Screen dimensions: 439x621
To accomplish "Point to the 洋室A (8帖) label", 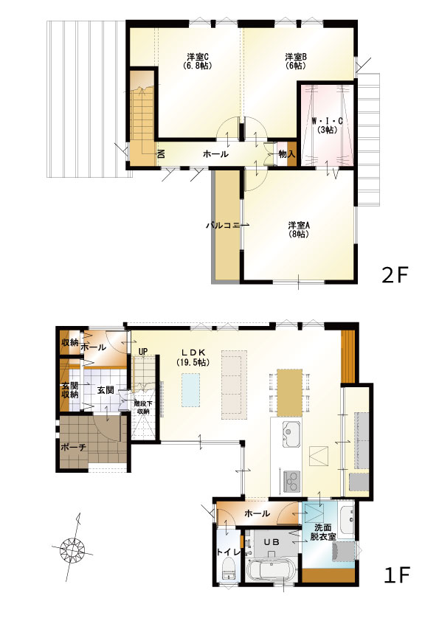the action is (298, 229).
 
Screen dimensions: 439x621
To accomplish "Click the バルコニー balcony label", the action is (227, 226).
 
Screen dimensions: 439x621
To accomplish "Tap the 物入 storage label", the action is (287, 154).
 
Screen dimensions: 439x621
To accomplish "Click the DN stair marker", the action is (162, 153).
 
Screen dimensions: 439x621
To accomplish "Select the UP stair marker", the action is (143, 351).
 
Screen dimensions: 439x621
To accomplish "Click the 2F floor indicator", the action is (394, 275).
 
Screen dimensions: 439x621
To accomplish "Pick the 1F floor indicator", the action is (397, 575).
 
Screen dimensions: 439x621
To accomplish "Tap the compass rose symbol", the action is (73, 549).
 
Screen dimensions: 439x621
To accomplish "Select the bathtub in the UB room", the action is (271, 570).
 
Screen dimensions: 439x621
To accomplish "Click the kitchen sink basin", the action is (291, 434).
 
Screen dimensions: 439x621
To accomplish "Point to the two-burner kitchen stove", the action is (292, 481).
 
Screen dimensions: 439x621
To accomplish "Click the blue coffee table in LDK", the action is (191, 390).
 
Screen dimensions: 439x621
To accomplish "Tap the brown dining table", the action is (290, 392).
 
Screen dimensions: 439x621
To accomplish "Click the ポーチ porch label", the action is (73, 447).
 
